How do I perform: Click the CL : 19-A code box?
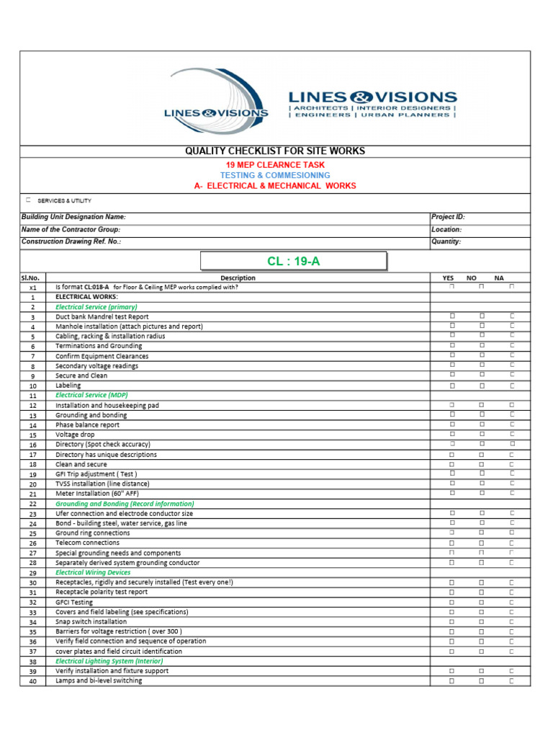pyautogui.click(x=293, y=261)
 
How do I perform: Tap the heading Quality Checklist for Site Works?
pyautogui.click(x=275, y=151)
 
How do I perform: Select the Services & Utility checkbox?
pyautogui.click(x=28, y=200)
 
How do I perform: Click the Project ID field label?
pyautogui.click(x=448, y=217)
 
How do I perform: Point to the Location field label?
pyautogui.click(x=446, y=229)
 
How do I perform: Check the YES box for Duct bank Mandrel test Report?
pyautogui.click(x=453, y=316)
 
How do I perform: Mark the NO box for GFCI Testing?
pyautogui.click(x=482, y=602)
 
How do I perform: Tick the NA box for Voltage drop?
pyautogui.click(x=512, y=435)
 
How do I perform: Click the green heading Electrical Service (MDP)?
pyautogui.click(x=92, y=396)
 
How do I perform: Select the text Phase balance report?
pyautogui.click(x=88, y=425)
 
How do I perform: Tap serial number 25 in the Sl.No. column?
pyautogui.click(x=32, y=533)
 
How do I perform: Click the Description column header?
pyautogui.click(x=238, y=277)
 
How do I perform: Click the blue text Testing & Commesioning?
pyautogui.click(x=275, y=175)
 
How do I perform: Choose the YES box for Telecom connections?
pyautogui.click(x=453, y=543)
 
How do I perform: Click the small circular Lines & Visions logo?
pyautogui.click(x=216, y=101)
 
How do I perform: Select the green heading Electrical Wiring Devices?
pyautogui.click(x=93, y=572)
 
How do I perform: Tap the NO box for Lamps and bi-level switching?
pyautogui.click(x=482, y=680)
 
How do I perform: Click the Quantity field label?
pyautogui.click(x=446, y=242)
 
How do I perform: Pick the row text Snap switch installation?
pyautogui.click(x=91, y=621)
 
